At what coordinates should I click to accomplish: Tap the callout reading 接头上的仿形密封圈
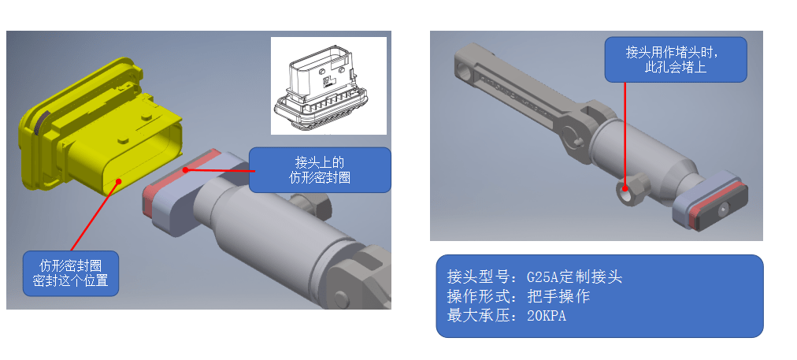click(320, 169)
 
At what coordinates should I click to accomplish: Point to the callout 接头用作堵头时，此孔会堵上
click(675, 59)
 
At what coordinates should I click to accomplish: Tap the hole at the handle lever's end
click(465, 71)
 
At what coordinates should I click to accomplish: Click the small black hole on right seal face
click(721, 208)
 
